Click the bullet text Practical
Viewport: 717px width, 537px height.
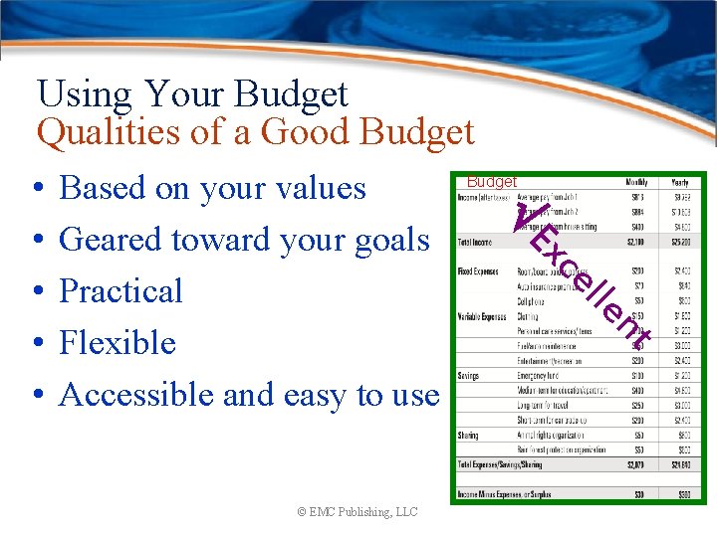pos(121,291)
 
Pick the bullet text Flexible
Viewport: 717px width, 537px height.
pos(118,343)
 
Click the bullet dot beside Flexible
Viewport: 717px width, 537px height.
pos(36,344)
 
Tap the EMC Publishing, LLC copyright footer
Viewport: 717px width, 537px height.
pos(358,512)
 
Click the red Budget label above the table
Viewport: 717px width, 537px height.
pos(492,182)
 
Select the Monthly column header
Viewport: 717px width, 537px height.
pos(637,183)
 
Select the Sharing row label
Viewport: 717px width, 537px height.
pos(469,436)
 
